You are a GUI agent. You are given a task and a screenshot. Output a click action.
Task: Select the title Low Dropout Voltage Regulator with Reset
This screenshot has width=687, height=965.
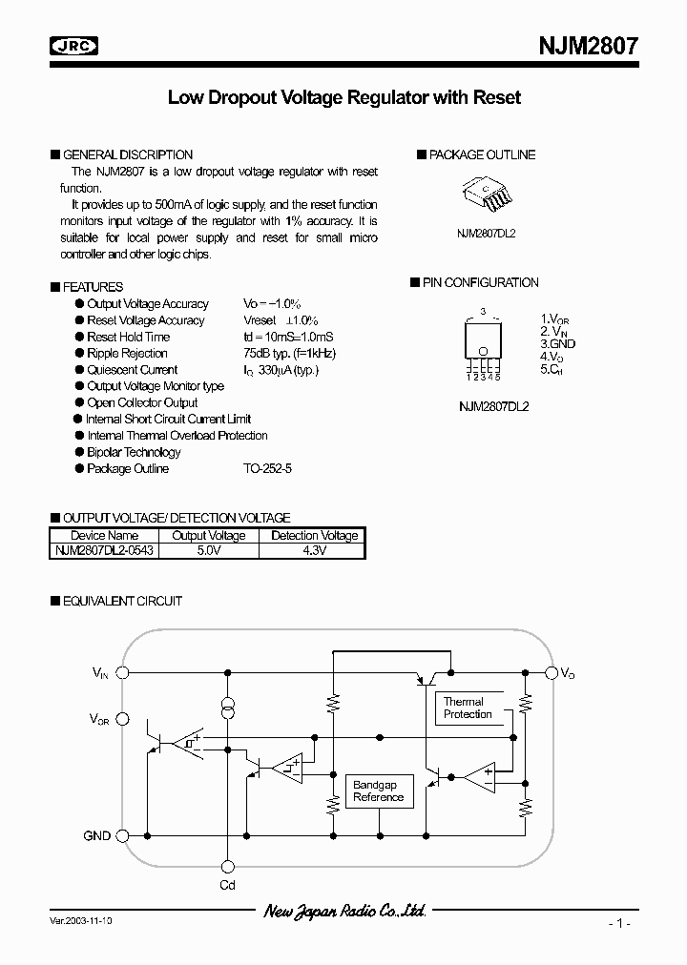[344, 98]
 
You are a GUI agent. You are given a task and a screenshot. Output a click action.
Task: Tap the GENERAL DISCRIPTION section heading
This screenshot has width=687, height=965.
[127, 154]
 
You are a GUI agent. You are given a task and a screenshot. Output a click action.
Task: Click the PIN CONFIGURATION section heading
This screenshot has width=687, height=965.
[484, 282]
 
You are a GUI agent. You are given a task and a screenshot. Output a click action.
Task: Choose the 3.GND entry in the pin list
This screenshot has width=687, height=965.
[558, 343]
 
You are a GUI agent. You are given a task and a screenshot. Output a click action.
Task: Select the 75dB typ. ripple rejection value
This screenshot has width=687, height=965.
[289, 353]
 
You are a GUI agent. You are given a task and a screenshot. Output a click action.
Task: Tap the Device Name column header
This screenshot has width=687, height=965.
[104, 536]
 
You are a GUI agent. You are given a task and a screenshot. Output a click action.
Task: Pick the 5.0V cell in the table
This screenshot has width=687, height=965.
[208, 550]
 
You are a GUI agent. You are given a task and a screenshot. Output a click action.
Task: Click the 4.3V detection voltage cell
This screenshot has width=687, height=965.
[313, 550]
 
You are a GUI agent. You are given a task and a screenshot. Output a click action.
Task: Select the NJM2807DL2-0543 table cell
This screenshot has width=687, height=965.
[104, 550]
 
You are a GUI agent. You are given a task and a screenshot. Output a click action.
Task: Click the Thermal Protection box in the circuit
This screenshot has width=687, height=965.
[468, 708]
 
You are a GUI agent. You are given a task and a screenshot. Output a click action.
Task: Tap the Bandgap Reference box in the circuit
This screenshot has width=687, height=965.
[378, 790]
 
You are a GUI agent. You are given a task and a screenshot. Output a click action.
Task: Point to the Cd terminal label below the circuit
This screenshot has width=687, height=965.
[227, 886]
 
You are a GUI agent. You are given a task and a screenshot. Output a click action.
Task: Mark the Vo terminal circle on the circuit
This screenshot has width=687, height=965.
[551, 672]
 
